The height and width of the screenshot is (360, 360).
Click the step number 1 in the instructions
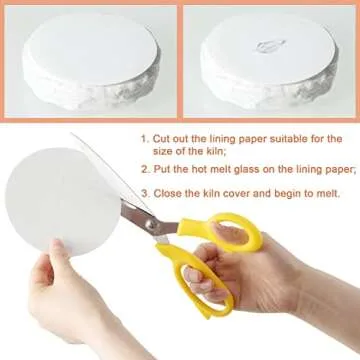[143, 139]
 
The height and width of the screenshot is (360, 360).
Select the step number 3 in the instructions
[143, 193]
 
